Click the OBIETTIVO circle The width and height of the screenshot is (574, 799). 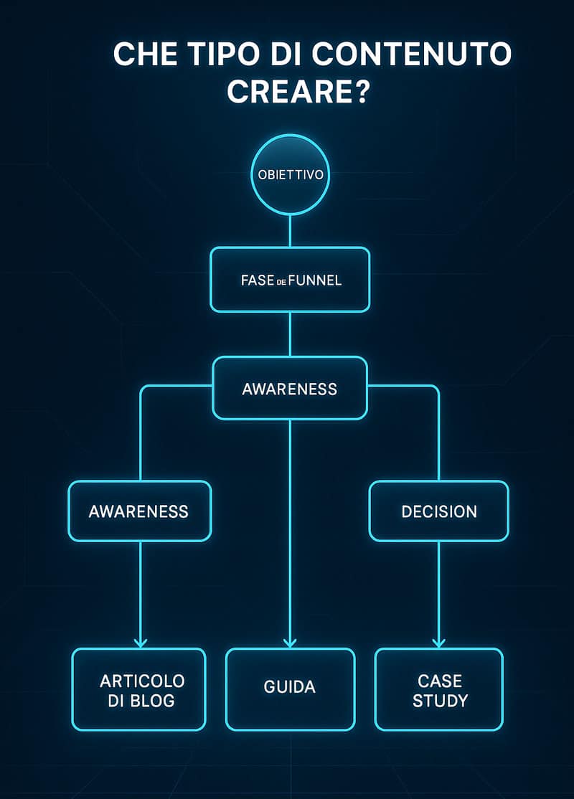click(290, 175)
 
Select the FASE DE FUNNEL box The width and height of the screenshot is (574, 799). click(290, 280)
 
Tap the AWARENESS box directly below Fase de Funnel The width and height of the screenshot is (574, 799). click(290, 388)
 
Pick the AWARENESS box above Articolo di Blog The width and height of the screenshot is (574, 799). click(140, 511)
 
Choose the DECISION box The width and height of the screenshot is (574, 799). click(439, 511)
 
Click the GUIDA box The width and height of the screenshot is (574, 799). click(290, 689)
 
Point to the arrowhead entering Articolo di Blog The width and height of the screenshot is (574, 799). click(140, 643)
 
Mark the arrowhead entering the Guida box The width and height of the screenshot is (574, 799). click(290, 643)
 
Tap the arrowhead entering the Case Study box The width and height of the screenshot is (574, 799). click(439, 643)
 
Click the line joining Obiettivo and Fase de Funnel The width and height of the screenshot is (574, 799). click(290, 231)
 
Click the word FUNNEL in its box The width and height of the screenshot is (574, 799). click(315, 280)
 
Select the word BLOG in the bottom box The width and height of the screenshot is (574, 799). click(152, 701)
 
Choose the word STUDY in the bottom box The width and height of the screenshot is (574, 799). click(440, 701)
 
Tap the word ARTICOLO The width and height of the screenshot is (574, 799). click(142, 681)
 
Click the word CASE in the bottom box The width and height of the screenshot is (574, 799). click(440, 681)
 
